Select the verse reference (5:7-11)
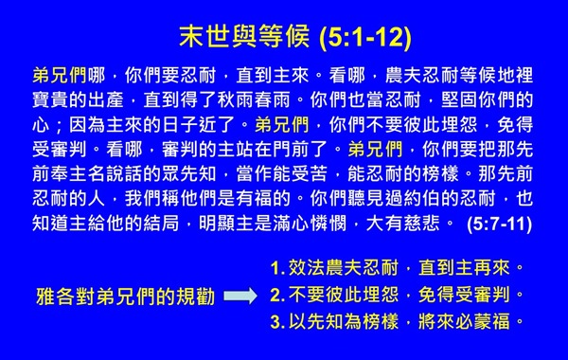click(x=508, y=225)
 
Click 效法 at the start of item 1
click(x=300, y=270)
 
